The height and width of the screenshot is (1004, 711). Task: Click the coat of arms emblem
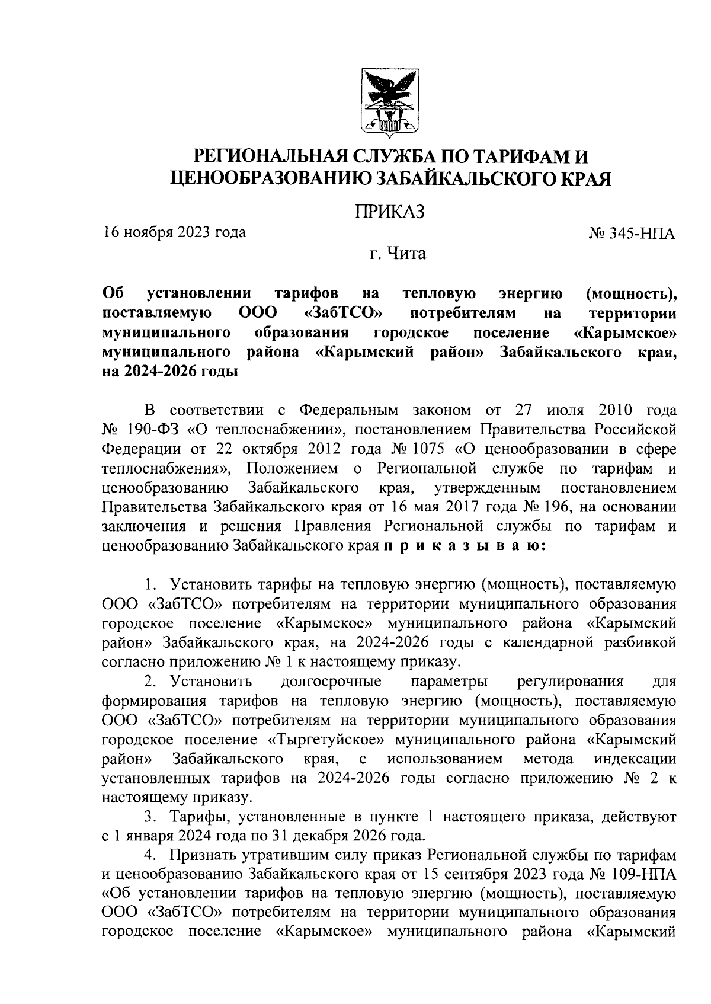pos(390,101)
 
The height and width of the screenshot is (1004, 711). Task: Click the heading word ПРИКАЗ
pos(390,212)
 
